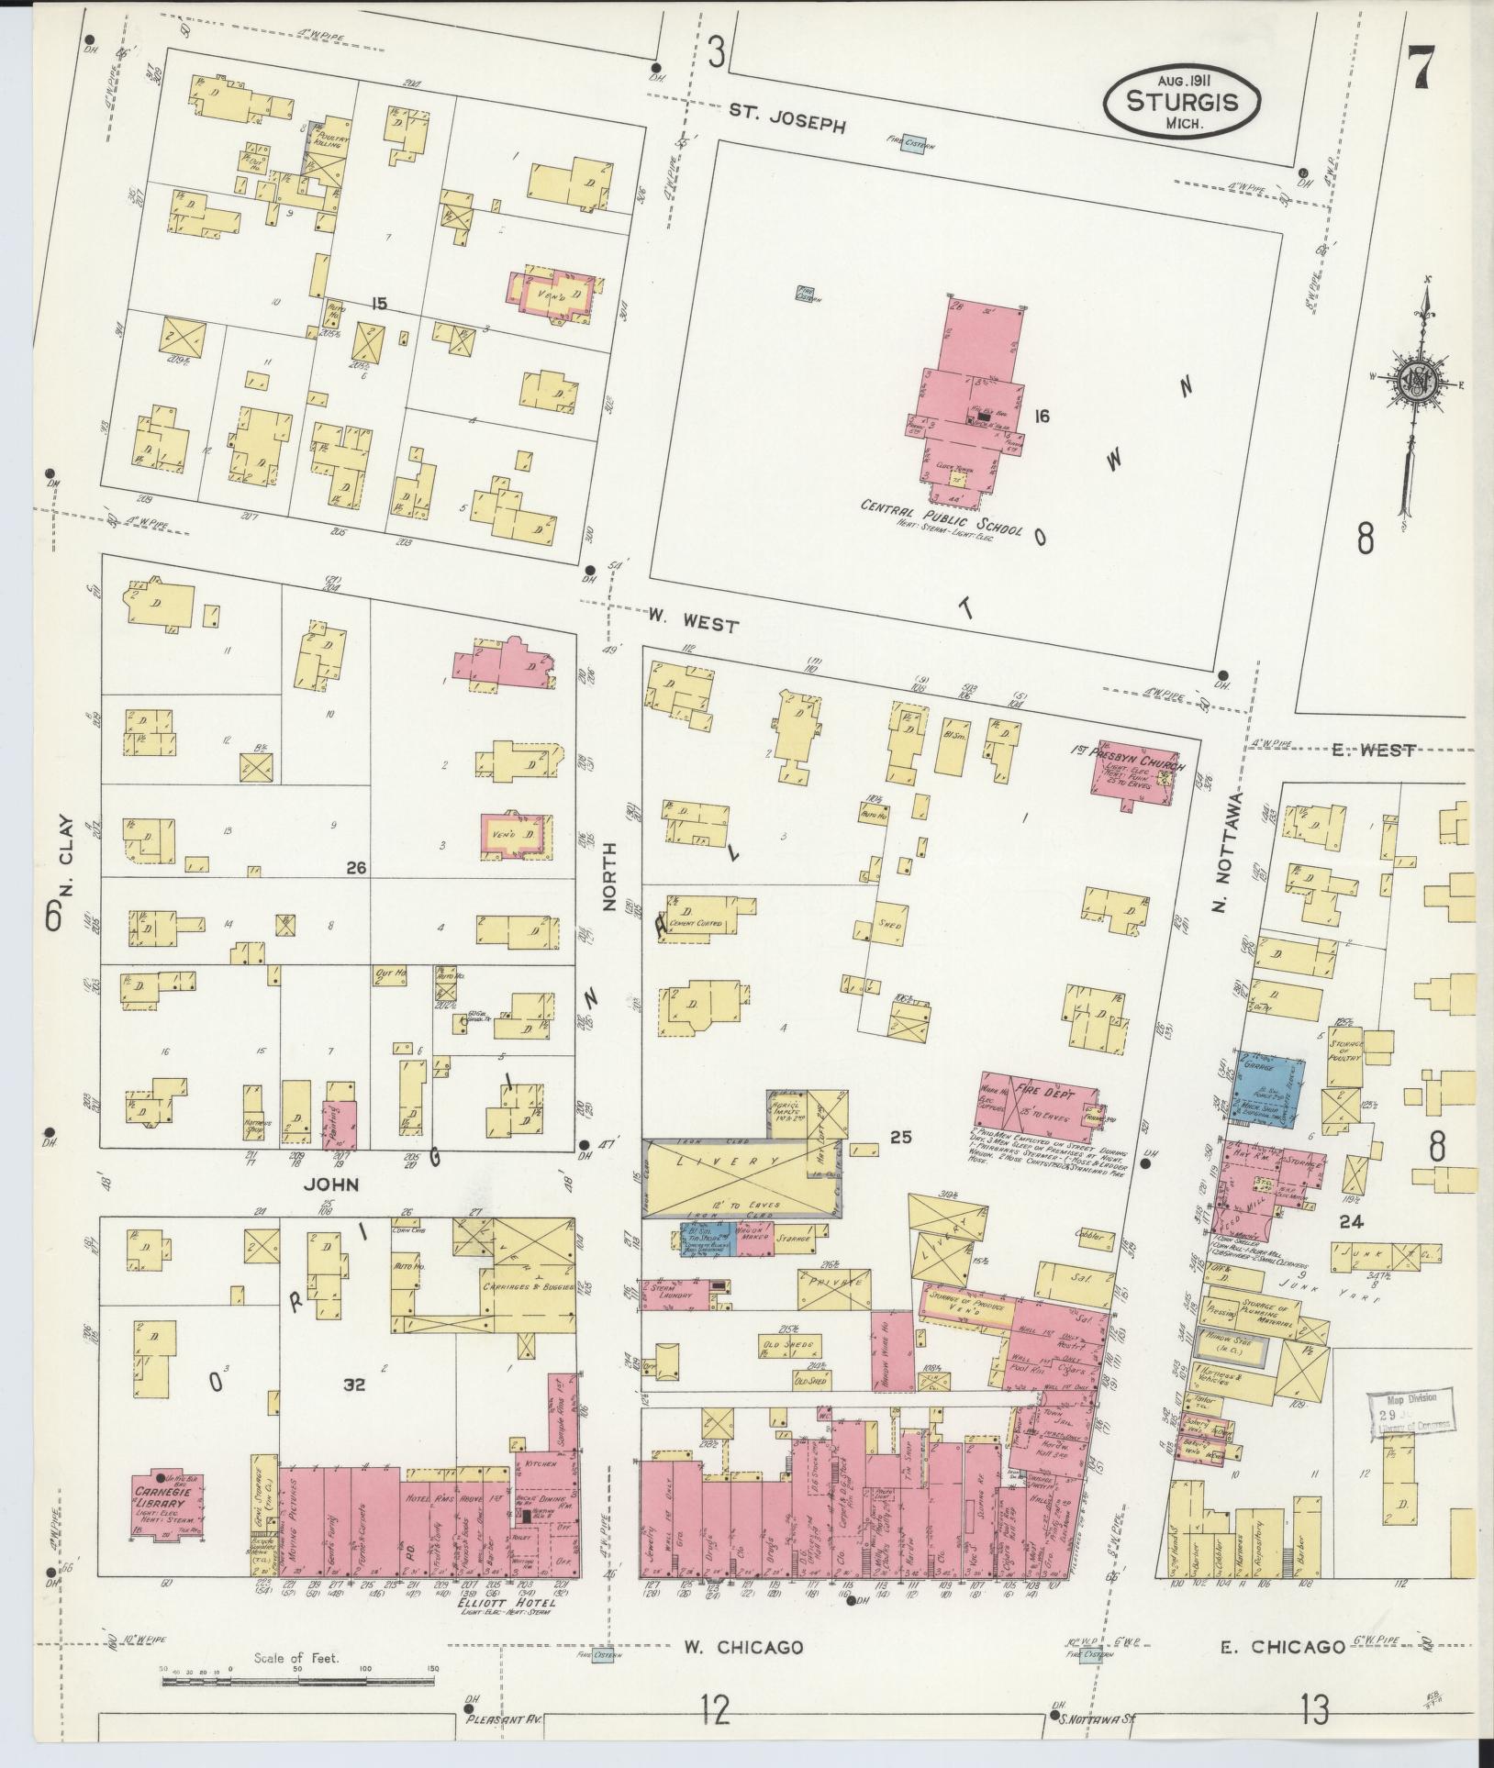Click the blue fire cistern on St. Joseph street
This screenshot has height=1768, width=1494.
[911, 145]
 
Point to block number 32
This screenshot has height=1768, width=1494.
[354, 1411]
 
